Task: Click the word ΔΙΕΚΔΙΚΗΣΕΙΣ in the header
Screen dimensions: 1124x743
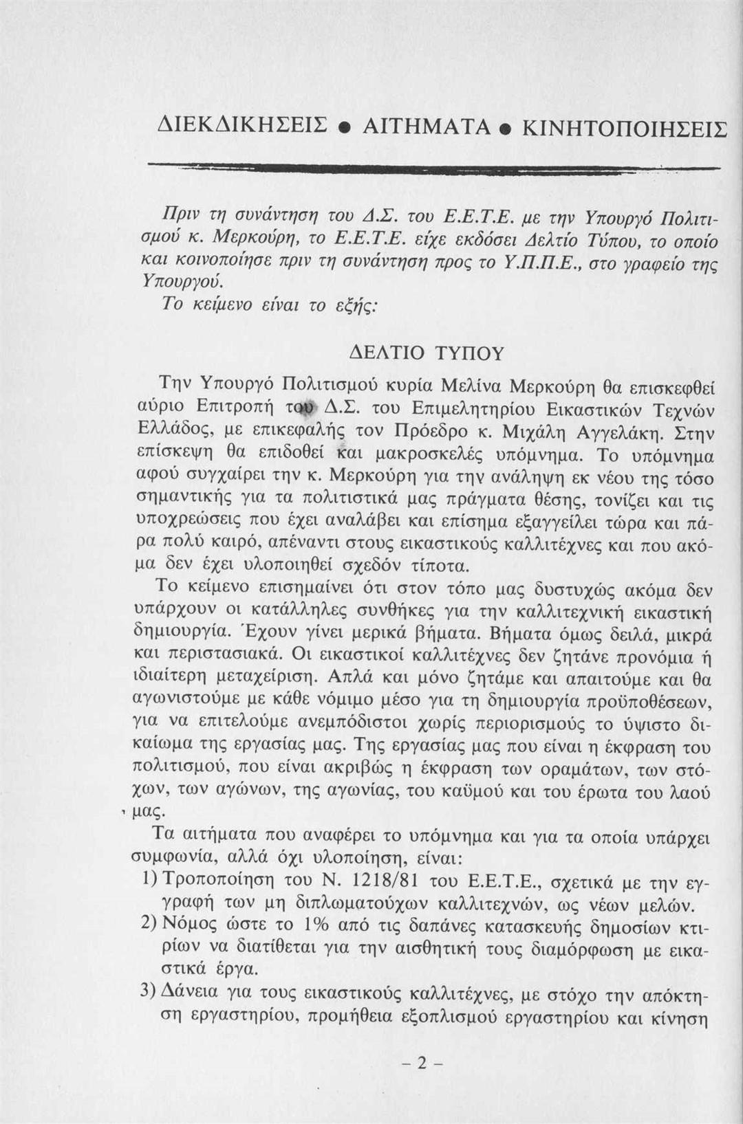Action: coord(238,127)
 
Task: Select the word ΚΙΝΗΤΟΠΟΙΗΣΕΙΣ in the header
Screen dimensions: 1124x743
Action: coord(625,128)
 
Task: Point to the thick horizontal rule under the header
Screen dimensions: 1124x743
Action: coord(433,169)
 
